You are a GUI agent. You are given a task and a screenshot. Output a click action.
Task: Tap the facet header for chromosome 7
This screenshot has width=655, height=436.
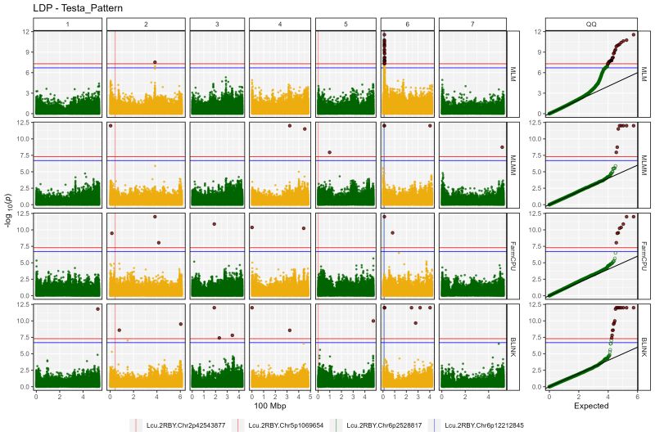[472, 25]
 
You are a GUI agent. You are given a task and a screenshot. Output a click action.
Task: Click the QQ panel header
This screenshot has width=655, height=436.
[591, 25]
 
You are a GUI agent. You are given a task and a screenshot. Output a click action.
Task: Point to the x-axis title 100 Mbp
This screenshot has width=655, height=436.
[270, 406]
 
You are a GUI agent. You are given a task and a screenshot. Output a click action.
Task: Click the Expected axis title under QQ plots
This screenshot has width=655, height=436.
[591, 406]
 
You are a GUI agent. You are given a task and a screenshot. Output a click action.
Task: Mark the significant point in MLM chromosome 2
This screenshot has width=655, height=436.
[155, 62]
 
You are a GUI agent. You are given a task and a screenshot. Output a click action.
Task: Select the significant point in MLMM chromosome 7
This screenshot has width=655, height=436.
[502, 147]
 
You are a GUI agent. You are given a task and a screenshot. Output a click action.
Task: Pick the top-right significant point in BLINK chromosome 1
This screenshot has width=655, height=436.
[97, 308]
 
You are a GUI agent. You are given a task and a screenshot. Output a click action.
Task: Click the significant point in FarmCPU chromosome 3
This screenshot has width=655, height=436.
[214, 224]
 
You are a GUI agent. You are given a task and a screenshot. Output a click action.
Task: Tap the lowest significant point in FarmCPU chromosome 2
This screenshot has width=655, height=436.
[159, 243]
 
